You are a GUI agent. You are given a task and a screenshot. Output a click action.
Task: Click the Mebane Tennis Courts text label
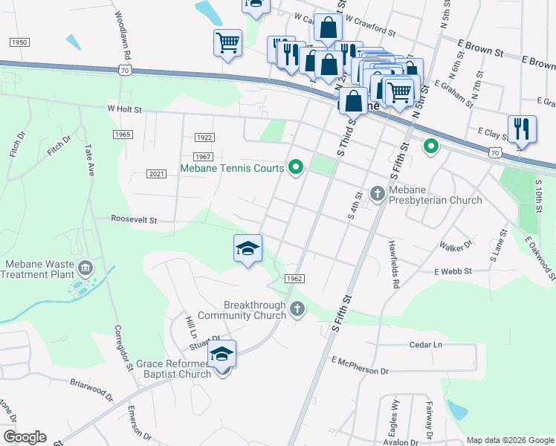[232, 169]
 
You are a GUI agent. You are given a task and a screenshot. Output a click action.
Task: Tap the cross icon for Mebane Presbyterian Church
[378, 193]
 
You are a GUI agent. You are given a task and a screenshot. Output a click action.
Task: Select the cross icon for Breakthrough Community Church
[297, 308]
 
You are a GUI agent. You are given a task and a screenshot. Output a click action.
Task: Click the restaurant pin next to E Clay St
[522, 128]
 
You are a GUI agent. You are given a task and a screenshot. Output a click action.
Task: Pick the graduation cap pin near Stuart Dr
[222, 355]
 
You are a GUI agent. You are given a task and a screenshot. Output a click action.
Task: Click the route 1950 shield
[19, 42]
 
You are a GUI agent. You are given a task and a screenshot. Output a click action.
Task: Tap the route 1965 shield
[123, 134]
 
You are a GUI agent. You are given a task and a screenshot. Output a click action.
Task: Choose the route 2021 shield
[156, 174]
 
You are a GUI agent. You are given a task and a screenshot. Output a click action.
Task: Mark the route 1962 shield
[294, 278]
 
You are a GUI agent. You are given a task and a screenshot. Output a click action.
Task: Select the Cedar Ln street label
[425, 345]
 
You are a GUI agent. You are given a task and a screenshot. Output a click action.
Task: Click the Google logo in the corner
[24, 437]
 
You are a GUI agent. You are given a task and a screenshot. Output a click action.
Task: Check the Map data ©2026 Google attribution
[510, 440]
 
